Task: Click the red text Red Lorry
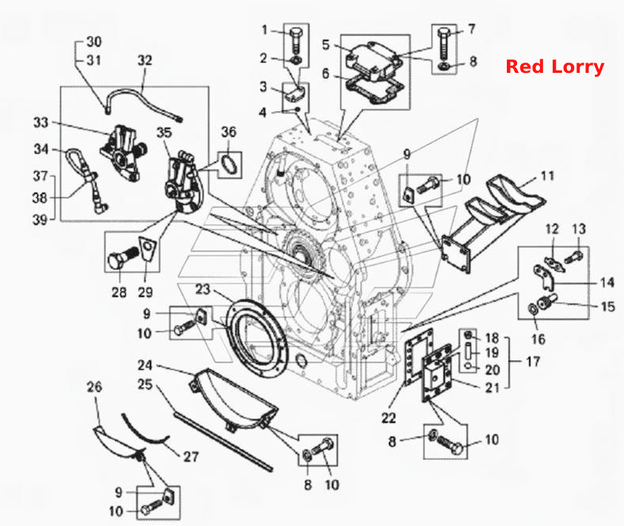(x=555, y=67)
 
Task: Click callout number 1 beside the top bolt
(x=264, y=30)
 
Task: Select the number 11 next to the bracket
(x=547, y=176)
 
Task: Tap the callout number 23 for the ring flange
(x=202, y=289)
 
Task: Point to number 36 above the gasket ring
(x=228, y=131)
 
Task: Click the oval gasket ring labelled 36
(x=230, y=165)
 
